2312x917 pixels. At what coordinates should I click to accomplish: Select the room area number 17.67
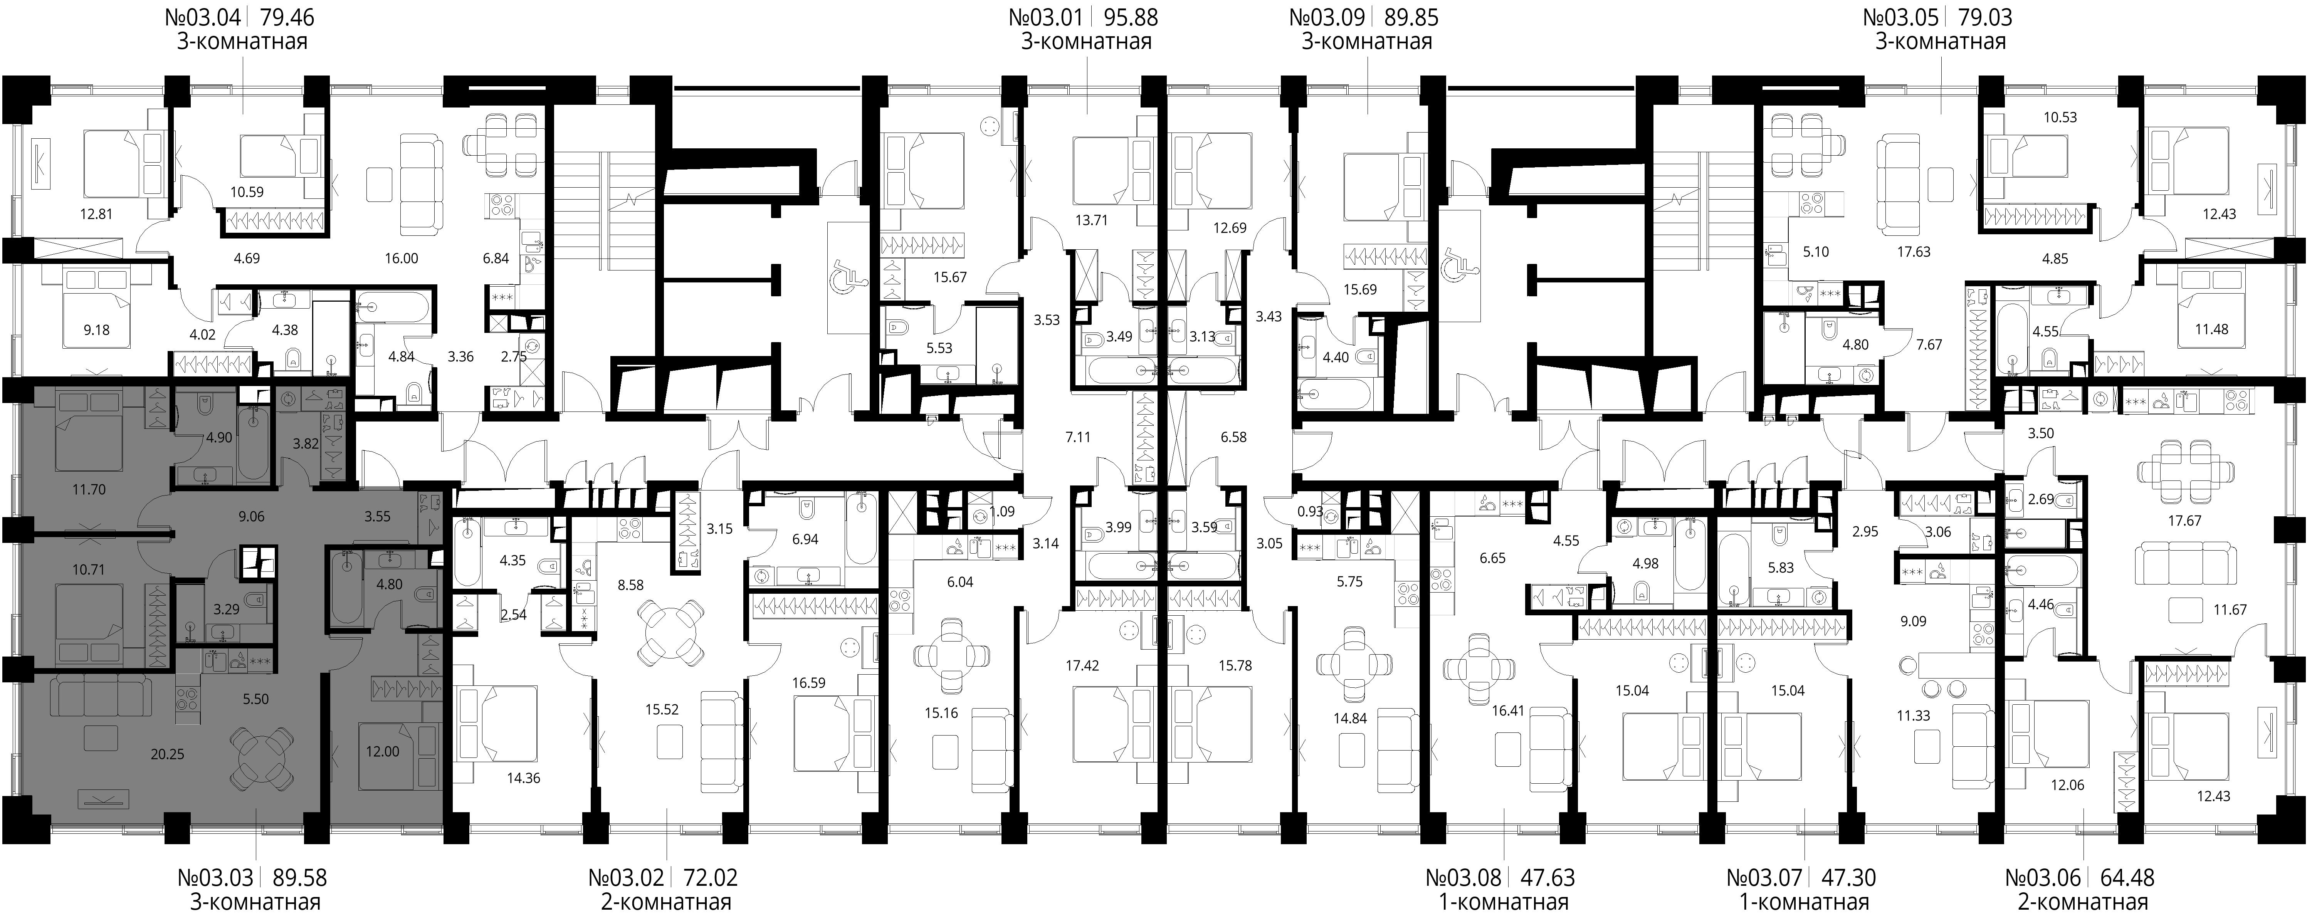pos(2184,521)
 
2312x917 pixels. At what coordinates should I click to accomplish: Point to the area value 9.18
pos(96,330)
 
